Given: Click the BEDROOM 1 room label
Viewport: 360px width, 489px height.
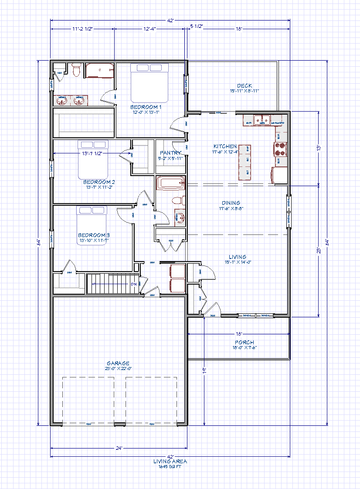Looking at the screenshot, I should click(x=146, y=107).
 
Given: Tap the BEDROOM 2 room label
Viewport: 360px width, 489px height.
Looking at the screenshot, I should click(x=99, y=182).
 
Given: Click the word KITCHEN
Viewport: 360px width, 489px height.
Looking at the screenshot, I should click(x=225, y=146).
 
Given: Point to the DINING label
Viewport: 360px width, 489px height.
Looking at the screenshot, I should click(x=231, y=203).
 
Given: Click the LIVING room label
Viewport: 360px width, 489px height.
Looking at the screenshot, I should click(x=238, y=257).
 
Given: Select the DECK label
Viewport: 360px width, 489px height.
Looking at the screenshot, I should click(x=244, y=86).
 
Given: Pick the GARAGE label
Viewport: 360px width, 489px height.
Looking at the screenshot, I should click(x=118, y=363).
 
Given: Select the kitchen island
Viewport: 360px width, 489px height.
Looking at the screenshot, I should click(x=244, y=162).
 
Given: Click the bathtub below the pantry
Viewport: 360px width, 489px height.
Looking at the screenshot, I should click(x=170, y=183).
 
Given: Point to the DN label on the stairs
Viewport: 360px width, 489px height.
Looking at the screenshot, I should click(x=134, y=284).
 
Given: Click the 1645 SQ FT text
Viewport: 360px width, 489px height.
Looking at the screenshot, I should click(x=170, y=466).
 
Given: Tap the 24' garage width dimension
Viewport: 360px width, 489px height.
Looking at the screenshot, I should click(x=119, y=448).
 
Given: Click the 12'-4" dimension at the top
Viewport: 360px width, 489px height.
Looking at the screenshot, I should click(x=149, y=29).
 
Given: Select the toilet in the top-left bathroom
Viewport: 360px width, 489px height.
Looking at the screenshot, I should click(x=77, y=70).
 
